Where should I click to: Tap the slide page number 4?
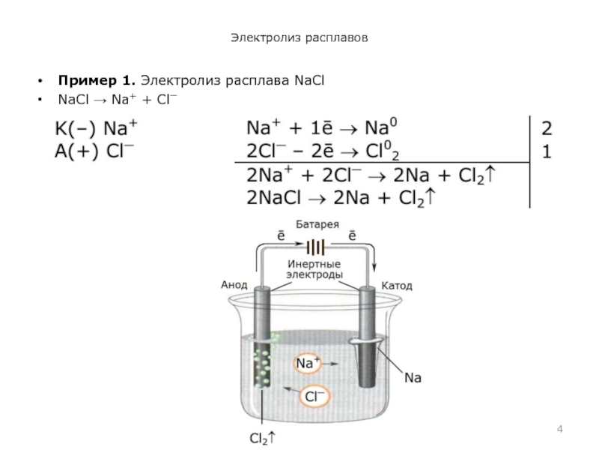pos(560,427)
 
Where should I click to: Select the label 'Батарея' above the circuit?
pos(317,224)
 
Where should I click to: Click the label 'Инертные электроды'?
pos(315,270)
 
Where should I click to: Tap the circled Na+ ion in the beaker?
pos(308,364)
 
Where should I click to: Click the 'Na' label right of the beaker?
pos(413,379)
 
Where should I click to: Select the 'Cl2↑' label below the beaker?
pos(261,436)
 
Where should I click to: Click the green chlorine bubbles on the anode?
pos(263,364)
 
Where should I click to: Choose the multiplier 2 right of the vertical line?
pos(547,127)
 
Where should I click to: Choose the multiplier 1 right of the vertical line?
pos(547,151)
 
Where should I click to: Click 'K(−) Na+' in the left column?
pos(98,128)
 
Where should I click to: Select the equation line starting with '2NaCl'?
pos(341,199)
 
